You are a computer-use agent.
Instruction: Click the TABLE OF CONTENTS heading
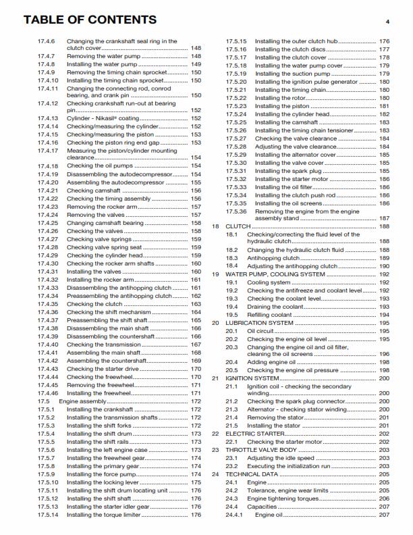coord(90,20)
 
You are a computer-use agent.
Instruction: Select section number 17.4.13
coord(48,118)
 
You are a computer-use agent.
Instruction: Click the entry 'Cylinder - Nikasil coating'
coord(103,118)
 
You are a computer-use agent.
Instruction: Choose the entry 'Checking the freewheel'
coord(101,377)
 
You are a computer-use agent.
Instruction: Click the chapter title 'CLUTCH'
coord(238,227)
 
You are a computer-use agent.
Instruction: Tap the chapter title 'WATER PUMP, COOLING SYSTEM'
coord(271,274)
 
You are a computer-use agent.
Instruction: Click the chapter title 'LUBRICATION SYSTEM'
coord(259,323)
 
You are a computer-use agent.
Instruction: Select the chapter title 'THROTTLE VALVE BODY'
coord(261,449)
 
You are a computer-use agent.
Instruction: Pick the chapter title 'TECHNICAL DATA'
coord(252,474)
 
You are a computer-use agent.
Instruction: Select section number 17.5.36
coord(236,211)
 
